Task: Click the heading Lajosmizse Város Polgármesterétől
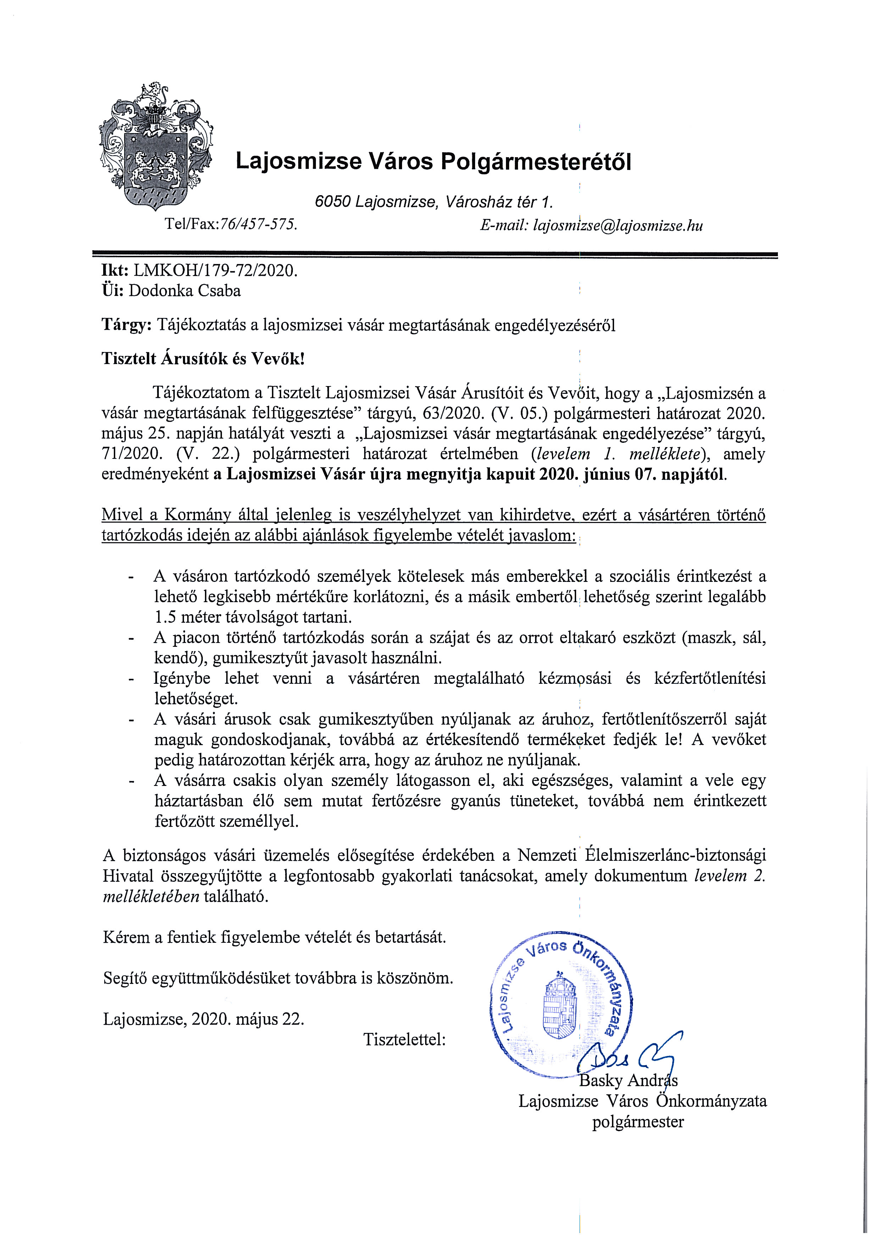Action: tap(433, 161)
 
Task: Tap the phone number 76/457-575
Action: tap(257, 224)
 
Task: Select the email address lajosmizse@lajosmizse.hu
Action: tap(618, 225)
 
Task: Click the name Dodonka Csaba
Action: tap(185, 291)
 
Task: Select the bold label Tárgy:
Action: tap(126, 325)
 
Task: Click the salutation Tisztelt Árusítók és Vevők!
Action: tap(203, 359)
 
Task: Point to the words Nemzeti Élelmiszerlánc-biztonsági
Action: tap(641, 855)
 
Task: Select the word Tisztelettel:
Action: tap(405, 1040)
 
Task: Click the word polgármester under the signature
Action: tap(637, 1122)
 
